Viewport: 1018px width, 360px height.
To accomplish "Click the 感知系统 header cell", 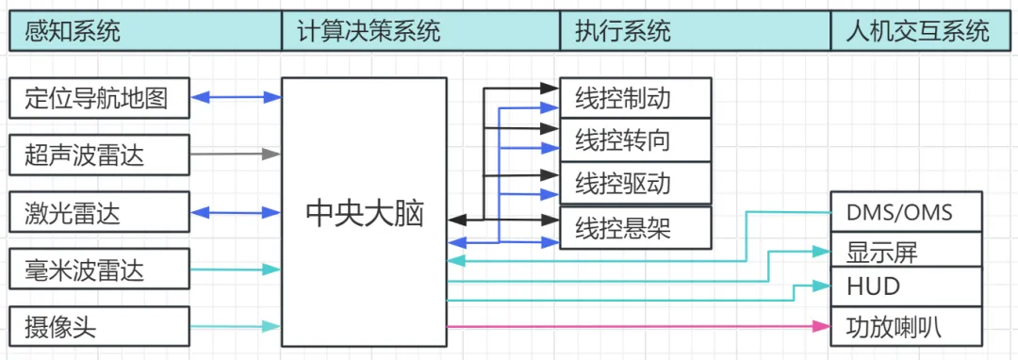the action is pos(145,31).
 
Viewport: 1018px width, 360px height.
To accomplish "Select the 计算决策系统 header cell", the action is pos(420,31).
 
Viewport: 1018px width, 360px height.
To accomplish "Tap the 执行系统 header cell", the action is pos(696,31).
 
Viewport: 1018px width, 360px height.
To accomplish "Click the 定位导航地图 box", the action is pos(100,98).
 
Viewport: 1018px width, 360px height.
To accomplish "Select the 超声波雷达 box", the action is pos(100,155).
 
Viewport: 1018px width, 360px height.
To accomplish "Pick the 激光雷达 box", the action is pos(100,211).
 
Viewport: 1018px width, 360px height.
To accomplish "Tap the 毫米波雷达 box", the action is pos(100,269).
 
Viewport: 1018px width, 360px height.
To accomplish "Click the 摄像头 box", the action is pos(100,326).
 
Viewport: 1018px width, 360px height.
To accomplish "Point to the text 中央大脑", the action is pos(364,214).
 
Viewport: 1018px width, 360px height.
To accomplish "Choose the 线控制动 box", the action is pos(635,98).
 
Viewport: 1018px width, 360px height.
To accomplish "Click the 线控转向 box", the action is pos(635,139).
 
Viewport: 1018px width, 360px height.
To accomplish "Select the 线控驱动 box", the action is pos(635,184).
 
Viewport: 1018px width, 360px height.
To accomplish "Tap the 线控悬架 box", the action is pos(635,228).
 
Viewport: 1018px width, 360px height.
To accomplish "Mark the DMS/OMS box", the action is pos(907,211).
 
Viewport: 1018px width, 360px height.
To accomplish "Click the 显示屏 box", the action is pos(907,249).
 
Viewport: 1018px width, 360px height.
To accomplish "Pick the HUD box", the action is pos(907,286).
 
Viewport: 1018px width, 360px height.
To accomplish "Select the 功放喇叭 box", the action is pos(907,326).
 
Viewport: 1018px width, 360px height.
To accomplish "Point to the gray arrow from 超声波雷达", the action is pos(235,155).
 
